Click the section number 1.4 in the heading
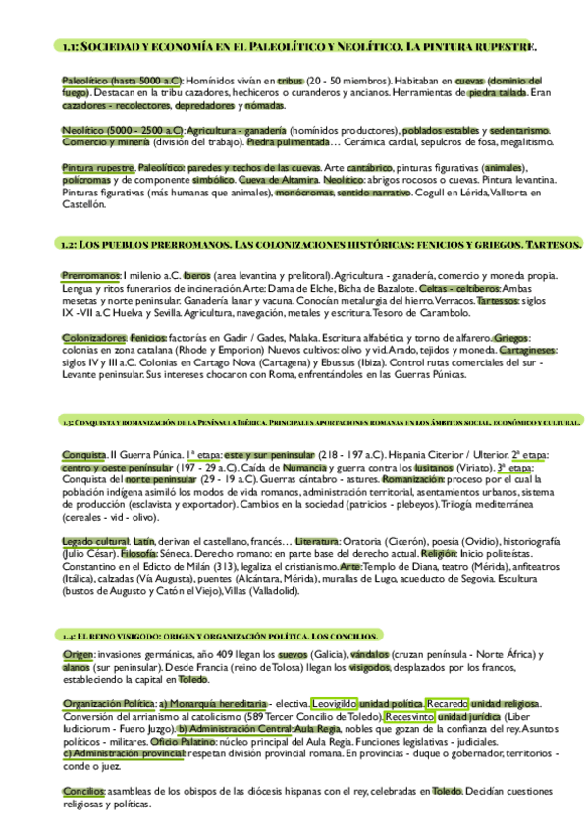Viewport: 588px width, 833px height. [x=67, y=636]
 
